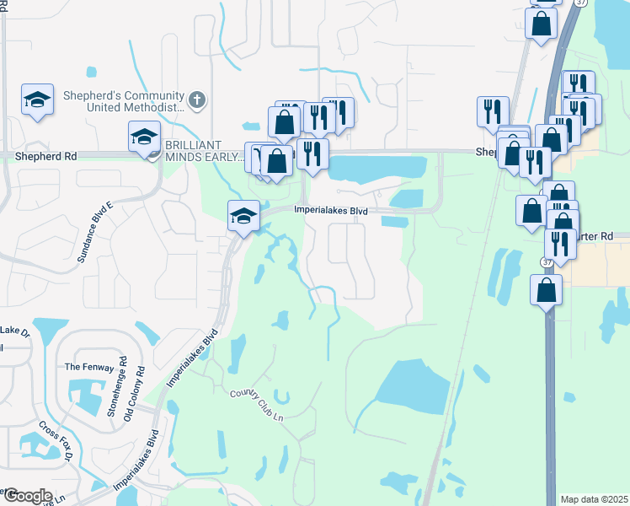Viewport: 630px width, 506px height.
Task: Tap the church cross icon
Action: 197,100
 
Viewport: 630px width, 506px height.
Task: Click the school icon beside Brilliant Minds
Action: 144,136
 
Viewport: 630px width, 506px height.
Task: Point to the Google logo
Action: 27,495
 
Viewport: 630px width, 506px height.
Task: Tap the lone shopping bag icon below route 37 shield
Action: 547,291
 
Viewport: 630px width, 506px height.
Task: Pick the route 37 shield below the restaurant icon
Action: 547,262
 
